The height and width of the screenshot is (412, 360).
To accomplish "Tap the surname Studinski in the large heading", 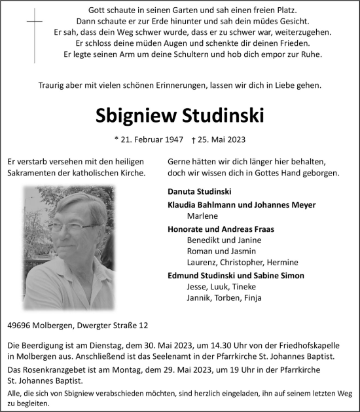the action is [x=222, y=115].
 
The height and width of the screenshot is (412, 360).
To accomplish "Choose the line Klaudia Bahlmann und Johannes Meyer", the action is [x=242, y=204].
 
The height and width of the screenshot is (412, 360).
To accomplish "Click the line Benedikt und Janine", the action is [x=215, y=240].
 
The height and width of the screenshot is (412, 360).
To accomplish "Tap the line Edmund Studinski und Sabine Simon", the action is [x=236, y=275].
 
